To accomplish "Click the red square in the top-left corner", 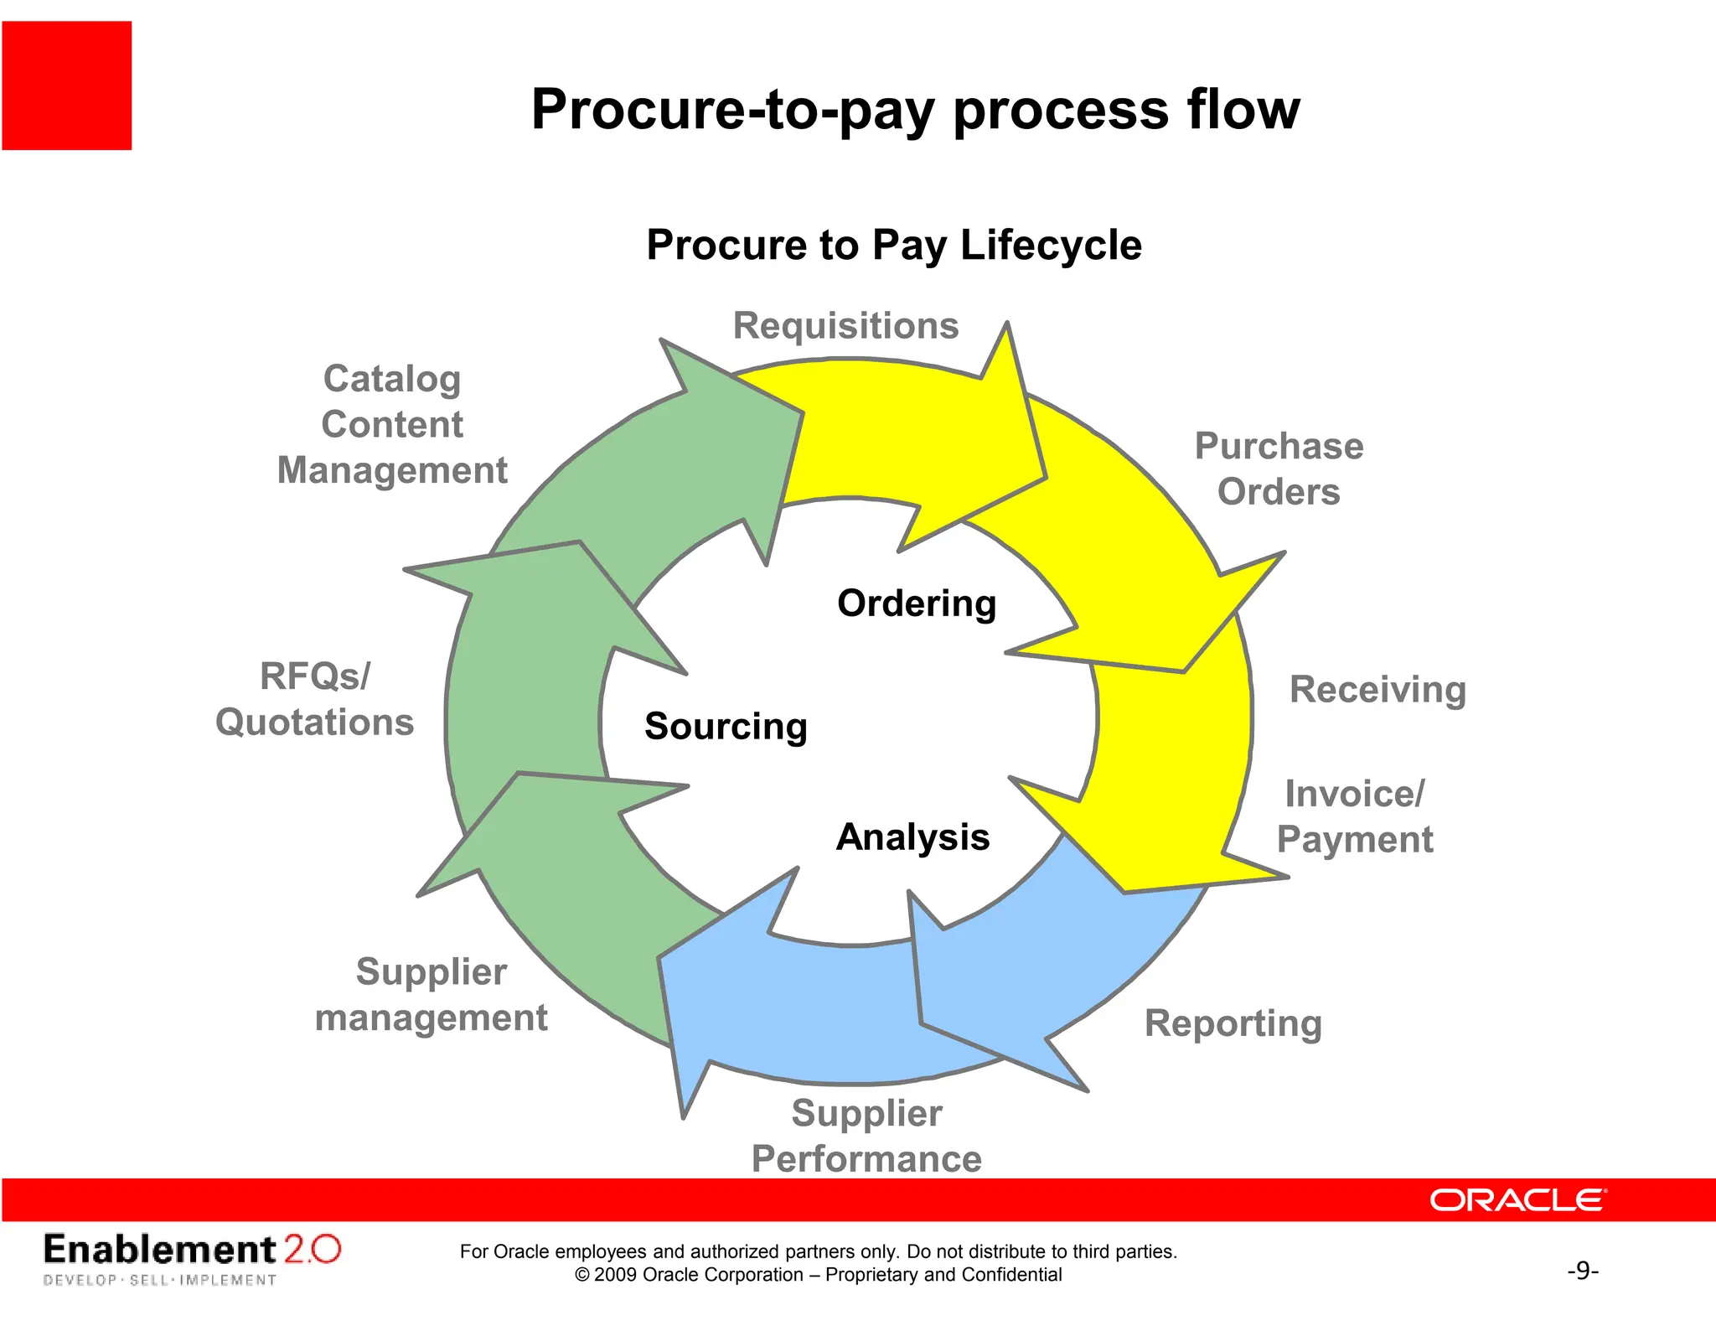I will click(x=67, y=85).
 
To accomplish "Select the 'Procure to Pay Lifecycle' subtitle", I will click(x=894, y=246).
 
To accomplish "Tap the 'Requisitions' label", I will click(x=845, y=326).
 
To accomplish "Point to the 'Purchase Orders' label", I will click(x=1279, y=469).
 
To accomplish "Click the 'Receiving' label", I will click(x=1377, y=690).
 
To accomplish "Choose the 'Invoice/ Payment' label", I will click(x=1355, y=816).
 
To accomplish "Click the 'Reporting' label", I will click(x=1233, y=1023).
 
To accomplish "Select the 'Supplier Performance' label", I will click(x=866, y=1136).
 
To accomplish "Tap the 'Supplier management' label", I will click(x=431, y=995).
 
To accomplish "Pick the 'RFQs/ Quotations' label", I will click(x=314, y=699).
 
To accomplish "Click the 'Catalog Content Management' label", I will click(x=392, y=424).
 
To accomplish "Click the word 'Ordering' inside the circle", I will click(x=917, y=603).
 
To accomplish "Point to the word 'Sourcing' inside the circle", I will click(x=726, y=726).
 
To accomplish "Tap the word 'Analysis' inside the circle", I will click(x=912, y=837).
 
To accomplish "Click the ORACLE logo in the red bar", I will click(x=1517, y=1200).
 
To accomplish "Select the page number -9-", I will click(x=1583, y=1271).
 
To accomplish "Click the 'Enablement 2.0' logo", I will click(x=192, y=1250).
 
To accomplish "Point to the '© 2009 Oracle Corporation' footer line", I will click(x=818, y=1275).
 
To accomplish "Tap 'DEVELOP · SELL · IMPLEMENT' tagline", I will click(x=159, y=1280).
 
